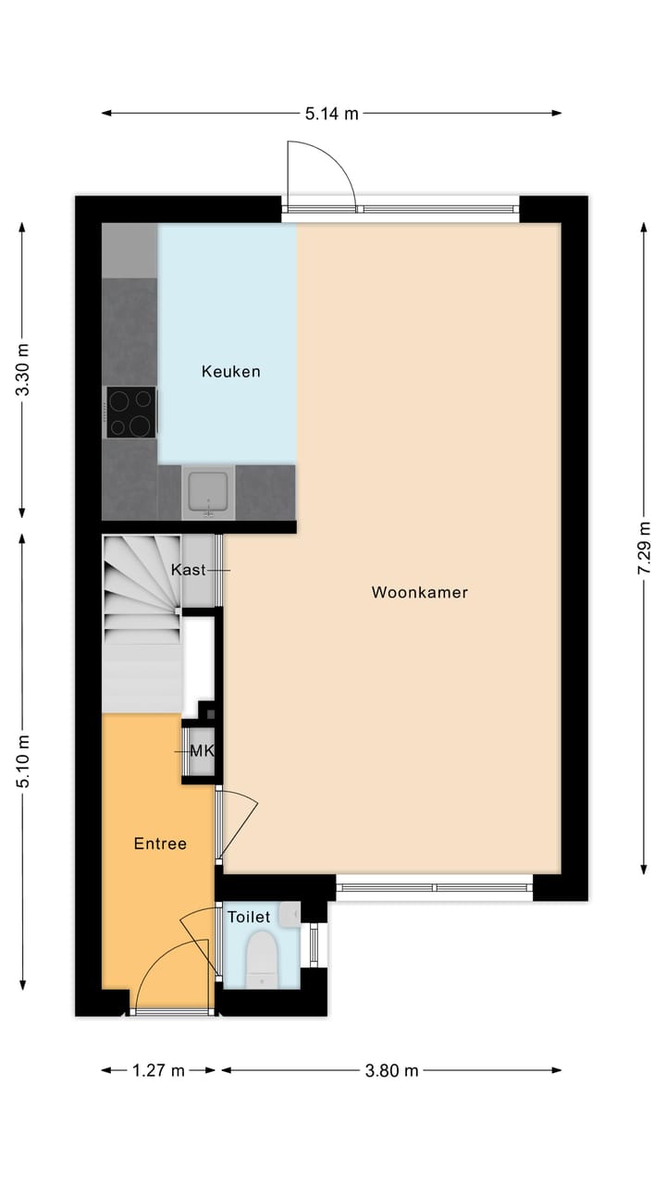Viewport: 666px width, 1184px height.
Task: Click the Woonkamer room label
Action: coord(419,592)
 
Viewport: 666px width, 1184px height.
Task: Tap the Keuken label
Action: coord(230,372)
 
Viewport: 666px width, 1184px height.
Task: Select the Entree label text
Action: coord(160,844)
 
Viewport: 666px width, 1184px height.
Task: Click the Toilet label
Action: coord(249,917)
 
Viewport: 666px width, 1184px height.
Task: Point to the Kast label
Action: coord(189,570)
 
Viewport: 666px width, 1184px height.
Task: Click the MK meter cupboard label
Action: coord(202,750)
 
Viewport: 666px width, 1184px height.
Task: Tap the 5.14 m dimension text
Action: coord(331,114)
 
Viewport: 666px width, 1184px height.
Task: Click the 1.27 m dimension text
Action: coord(158,1070)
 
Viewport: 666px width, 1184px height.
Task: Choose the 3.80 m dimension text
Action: coord(391,1070)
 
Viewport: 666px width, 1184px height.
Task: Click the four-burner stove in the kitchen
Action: coord(129,413)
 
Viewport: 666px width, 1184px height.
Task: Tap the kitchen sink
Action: coord(209,490)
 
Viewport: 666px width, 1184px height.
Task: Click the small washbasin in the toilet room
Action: coord(290,914)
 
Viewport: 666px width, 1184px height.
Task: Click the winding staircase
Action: coord(141,601)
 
